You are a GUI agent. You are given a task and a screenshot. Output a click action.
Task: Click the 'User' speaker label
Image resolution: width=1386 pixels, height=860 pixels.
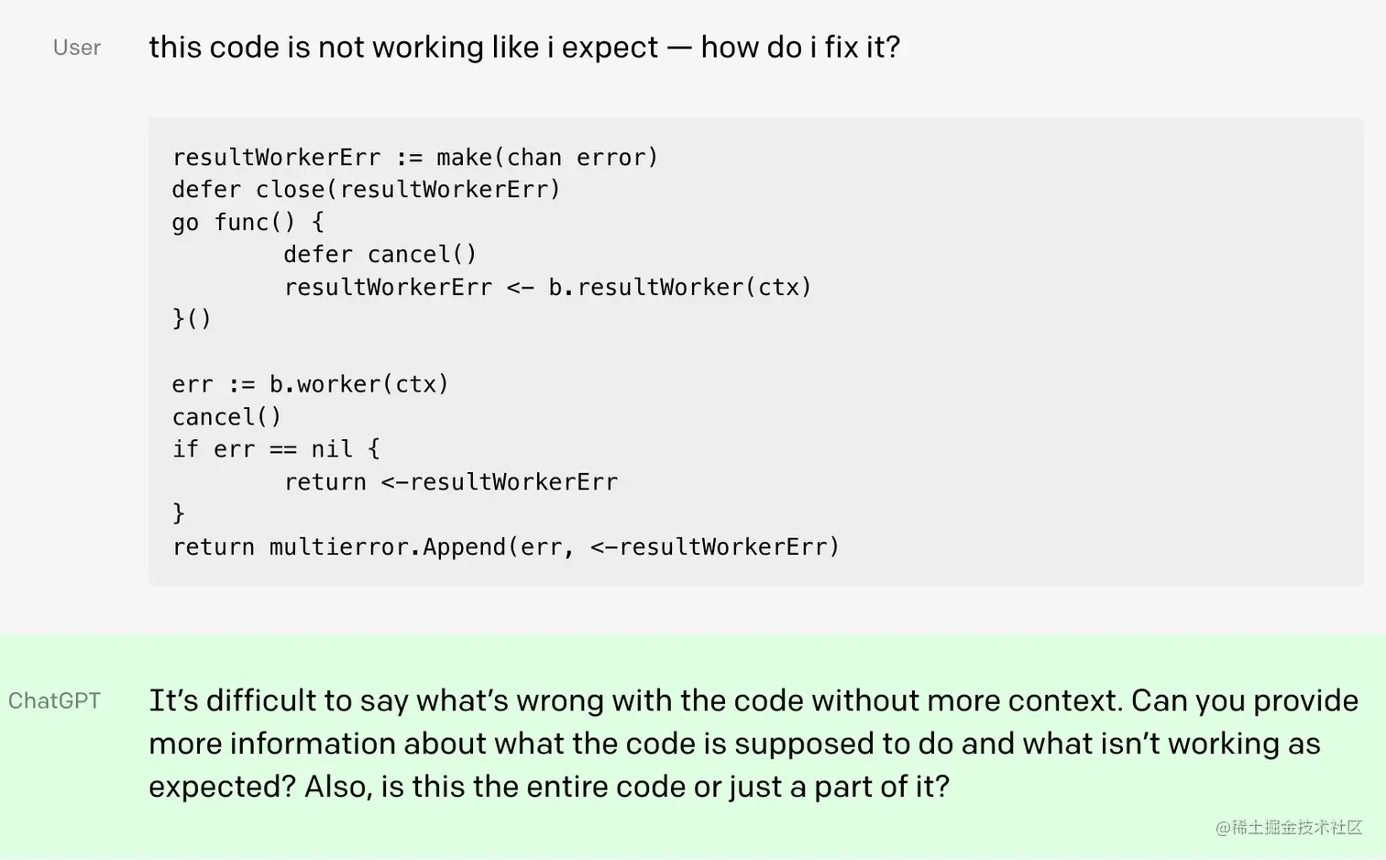(x=77, y=48)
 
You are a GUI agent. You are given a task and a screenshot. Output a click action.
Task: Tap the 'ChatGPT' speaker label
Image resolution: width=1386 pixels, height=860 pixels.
(x=54, y=701)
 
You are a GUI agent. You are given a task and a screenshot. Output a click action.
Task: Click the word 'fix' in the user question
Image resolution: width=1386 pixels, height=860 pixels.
(x=841, y=47)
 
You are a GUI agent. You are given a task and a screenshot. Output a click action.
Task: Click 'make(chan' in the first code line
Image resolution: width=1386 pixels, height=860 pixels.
(x=499, y=158)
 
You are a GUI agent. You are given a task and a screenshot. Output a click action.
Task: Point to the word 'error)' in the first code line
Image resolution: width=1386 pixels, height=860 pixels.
(x=617, y=158)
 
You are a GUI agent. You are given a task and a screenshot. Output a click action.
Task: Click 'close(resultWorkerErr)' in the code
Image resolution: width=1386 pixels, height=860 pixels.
(x=408, y=190)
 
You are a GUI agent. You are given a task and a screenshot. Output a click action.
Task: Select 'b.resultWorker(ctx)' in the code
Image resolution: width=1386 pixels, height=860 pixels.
(x=679, y=288)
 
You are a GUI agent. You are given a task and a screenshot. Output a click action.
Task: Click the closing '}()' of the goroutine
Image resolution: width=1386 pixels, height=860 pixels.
(x=192, y=319)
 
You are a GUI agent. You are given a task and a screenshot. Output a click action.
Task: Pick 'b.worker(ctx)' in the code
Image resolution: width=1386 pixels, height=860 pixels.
(x=358, y=384)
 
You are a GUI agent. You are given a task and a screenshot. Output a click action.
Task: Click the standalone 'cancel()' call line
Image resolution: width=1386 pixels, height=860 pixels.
(x=226, y=417)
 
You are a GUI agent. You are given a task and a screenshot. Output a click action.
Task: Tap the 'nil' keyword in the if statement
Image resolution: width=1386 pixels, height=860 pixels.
(x=331, y=449)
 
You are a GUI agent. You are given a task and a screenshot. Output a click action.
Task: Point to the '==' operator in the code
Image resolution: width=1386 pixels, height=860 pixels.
(x=282, y=449)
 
